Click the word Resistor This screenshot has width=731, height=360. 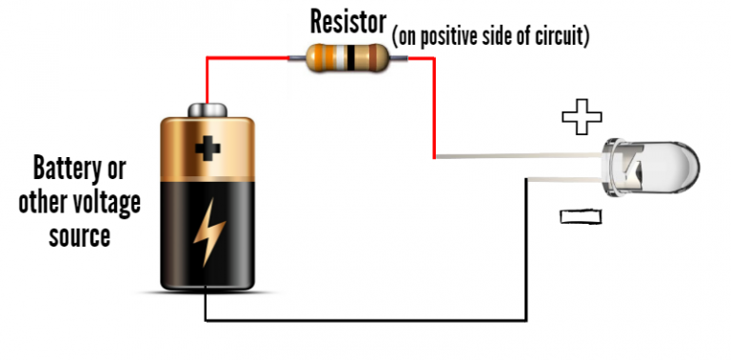click(347, 21)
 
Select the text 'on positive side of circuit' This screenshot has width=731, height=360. click(491, 37)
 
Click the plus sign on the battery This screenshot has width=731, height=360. click(206, 148)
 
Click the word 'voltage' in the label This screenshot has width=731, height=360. click(105, 202)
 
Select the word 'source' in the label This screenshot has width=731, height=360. click(79, 234)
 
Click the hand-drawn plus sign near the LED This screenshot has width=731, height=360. click(582, 118)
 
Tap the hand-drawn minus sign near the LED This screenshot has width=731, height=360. click(581, 217)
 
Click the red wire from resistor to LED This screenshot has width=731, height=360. click(434, 105)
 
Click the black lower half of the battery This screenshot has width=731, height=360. click(206, 248)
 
